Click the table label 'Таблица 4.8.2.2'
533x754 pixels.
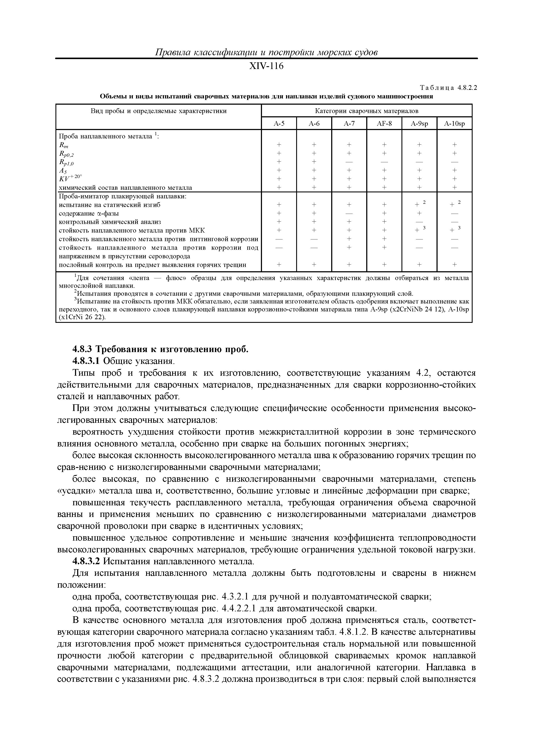[x=448, y=88]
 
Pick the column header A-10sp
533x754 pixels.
[x=455, y=123]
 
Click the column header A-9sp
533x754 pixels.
[x=419, y=123]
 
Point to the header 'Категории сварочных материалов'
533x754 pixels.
[x=366, y=111]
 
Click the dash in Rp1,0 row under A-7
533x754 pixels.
[x=349, y=162]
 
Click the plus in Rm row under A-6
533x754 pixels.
[x=314, y=144]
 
